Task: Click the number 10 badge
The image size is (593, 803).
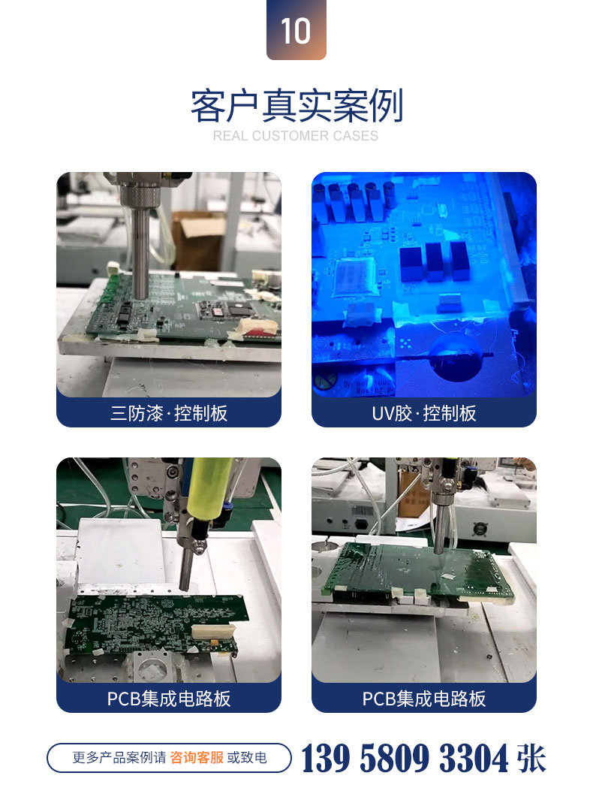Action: coord(296,30)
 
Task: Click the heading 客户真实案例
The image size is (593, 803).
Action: coord(296,105)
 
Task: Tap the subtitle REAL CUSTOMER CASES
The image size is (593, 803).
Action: coord(296,136)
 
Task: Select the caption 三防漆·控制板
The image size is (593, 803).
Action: coord(169,412)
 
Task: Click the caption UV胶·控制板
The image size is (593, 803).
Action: coord(424,412)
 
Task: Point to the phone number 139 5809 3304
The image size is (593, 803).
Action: coord(405,758)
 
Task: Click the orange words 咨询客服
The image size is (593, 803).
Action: coord(197,757)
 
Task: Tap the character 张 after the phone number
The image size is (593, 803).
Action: coord(531,758)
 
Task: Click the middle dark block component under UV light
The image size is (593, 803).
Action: coord(434,261)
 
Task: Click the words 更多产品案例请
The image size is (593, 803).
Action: coord(119,757)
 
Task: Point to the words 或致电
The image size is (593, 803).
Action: coord(247,757)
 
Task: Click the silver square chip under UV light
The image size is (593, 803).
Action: coord(354,277)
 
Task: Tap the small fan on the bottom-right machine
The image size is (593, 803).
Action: coord(480,527)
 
